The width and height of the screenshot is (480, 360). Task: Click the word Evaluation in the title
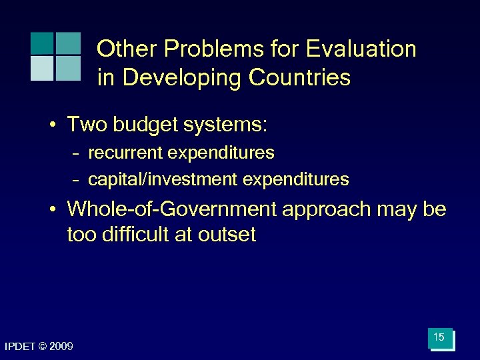(x=361, y=49)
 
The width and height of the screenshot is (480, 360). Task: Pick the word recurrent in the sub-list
(x=126, y=153)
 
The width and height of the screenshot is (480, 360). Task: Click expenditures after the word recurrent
(x=221, y=153)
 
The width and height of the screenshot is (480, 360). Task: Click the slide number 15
(x=439, y=338)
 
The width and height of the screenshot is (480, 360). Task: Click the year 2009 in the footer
(x=62, y=347)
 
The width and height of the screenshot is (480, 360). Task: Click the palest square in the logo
(x=41, y=68)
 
